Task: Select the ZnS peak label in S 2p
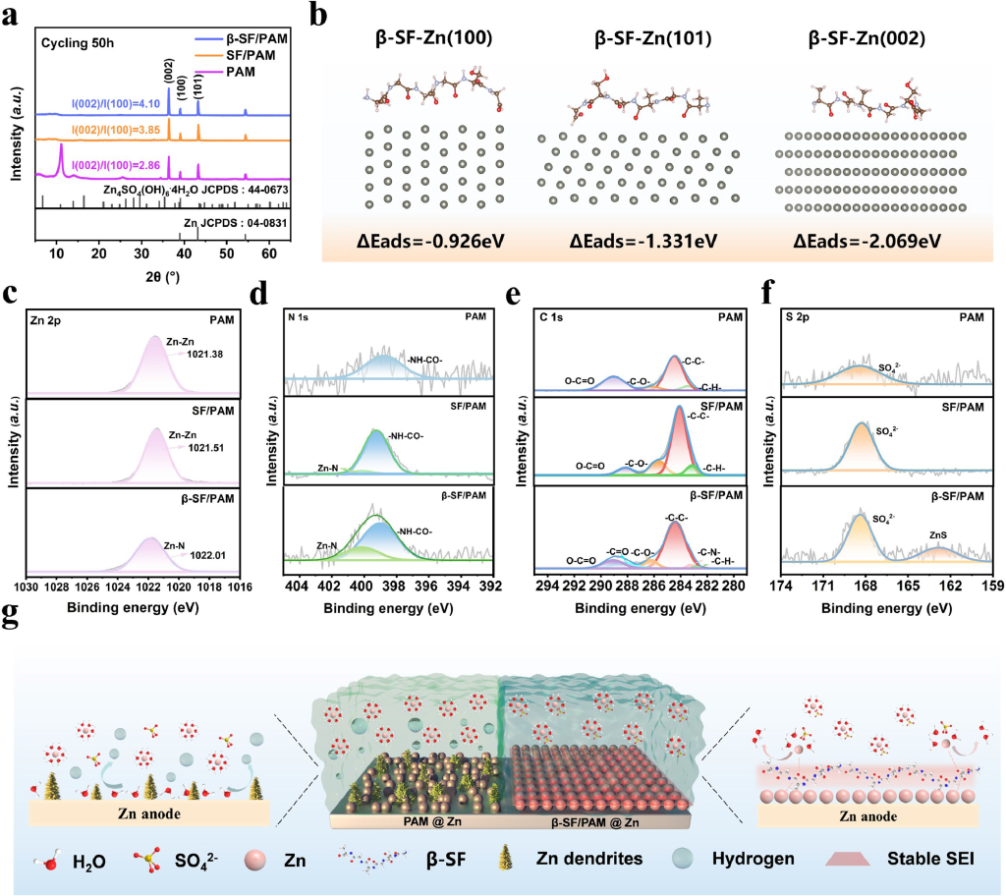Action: pos(938,536)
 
